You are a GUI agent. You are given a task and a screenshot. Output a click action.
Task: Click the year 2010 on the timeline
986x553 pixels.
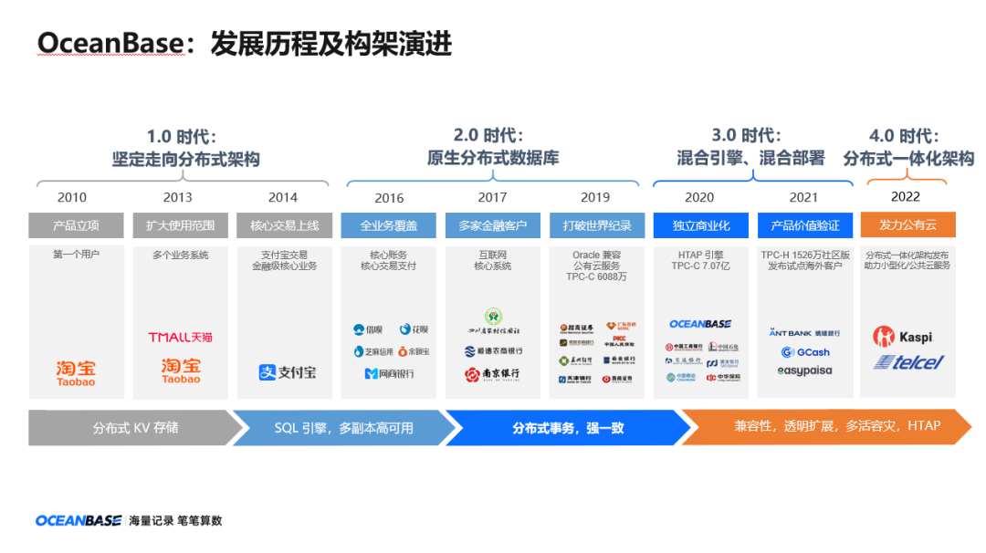pos(72,197)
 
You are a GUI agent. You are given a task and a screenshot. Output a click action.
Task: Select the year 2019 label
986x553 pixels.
pos(595,197)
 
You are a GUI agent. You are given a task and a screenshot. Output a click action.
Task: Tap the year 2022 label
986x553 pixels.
pos(906,196)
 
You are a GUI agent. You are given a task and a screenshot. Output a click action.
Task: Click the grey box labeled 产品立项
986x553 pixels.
pos(76,225)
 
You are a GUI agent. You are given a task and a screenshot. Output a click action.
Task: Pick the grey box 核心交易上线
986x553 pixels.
pos(284,225)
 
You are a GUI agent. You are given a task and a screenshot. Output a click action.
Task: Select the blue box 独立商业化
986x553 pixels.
pos(700,225)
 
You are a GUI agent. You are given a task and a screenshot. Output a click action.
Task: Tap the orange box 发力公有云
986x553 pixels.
pos(907,225)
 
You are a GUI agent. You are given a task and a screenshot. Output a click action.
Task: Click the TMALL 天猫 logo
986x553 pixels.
pos(181,338)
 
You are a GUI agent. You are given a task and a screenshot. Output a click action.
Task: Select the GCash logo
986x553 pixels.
pos(805,352)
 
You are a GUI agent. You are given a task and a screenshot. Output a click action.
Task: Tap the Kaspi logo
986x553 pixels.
pos(903,337)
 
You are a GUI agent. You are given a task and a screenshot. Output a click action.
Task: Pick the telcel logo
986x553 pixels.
pos(907,362)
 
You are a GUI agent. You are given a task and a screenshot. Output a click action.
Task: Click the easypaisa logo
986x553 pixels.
pos(804,371)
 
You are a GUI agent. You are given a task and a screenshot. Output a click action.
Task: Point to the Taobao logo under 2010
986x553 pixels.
pos(76,371)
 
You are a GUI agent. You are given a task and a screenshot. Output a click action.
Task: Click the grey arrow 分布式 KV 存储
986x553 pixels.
pos(134,427)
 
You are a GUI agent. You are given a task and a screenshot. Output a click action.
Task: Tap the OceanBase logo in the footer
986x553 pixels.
pos(79,521)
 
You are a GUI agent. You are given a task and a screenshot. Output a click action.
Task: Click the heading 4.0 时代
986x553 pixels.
pos(903,136)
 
